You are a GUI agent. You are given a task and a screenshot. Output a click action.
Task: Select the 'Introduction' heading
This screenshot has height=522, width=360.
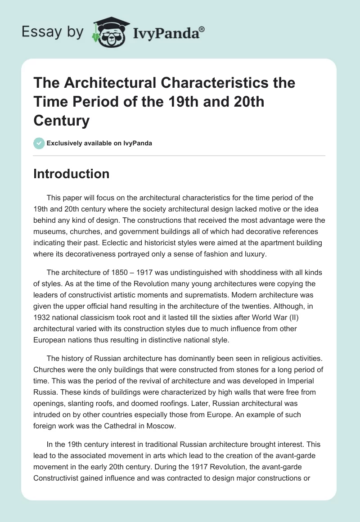click(x=71, y=174)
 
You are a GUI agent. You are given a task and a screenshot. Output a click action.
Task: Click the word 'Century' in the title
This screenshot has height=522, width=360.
click(x=62, y=121)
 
